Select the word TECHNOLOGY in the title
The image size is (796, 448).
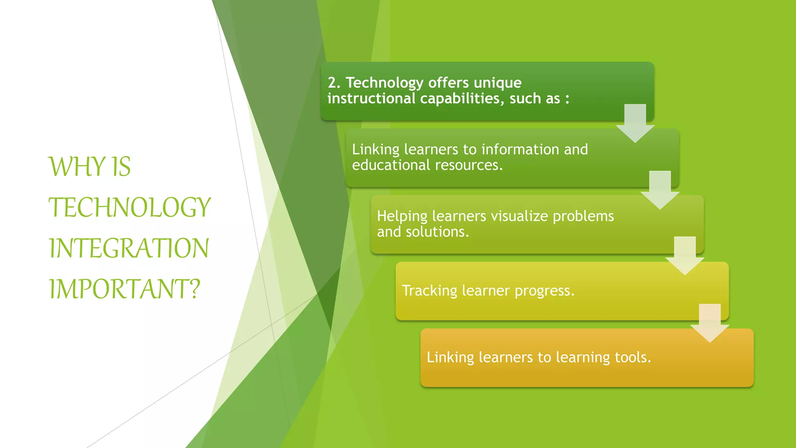tap(129, 207)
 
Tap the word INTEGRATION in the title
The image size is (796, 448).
tap(129, 248)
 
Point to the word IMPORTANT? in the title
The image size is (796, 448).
tap(124, 289)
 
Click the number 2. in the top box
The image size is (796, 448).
tap(334, 83)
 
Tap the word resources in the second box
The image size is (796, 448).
tap(469, 165)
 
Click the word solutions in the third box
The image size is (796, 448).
tap(437, 232)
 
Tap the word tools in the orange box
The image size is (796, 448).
tap(632, 357)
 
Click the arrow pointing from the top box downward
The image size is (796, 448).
tap(635, 122)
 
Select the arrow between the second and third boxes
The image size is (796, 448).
tap(660, 189)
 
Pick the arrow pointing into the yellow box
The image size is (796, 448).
tap(685, 255)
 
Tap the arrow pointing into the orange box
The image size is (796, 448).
tap(710, 322)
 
